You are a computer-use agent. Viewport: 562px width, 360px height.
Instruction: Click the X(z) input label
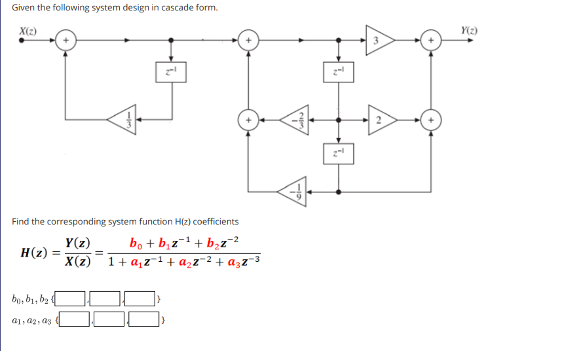[x=28, y=30]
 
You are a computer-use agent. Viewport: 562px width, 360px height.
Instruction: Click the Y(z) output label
[x=469, y=30]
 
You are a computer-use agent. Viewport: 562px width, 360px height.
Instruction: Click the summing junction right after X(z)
[x=65, y=41]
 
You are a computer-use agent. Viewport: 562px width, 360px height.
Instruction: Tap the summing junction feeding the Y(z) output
[x=430, y=41]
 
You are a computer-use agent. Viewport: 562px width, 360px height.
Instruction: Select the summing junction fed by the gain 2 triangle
[x=430, y=120]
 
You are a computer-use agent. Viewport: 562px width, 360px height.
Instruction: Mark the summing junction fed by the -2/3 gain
[x=248, y=120]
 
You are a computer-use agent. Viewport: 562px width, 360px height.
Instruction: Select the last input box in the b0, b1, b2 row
[x=139, y=300]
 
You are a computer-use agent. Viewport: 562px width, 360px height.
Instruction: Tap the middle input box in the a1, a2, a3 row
[x=110, y=321]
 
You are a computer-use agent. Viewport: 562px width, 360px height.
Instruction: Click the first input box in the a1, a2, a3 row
[x=77, y=321]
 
